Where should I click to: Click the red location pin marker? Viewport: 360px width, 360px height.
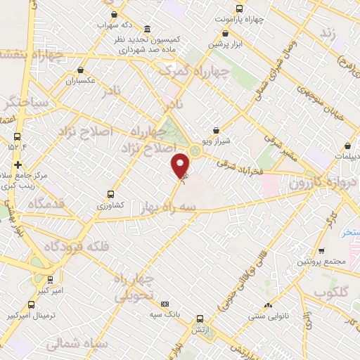tap(181, 165)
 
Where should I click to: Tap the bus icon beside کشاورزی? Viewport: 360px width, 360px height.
tap(110, 194)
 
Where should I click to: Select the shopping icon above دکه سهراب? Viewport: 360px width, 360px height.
tap(112, 14)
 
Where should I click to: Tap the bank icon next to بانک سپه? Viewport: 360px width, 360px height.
tap(165, 303)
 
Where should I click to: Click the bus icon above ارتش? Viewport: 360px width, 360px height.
tap(200, 319)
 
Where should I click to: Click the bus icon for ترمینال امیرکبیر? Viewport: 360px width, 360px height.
tap(31, 304)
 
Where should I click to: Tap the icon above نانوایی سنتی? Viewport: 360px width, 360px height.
tap(267, 306)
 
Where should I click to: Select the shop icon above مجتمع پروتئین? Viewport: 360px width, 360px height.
tap(321, 251)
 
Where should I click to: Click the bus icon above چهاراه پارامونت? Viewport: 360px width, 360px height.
tap(239, 9)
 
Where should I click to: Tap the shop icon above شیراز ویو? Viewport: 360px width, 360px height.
tap(216, 130)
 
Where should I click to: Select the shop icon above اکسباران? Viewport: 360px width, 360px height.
tap(82, 70)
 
